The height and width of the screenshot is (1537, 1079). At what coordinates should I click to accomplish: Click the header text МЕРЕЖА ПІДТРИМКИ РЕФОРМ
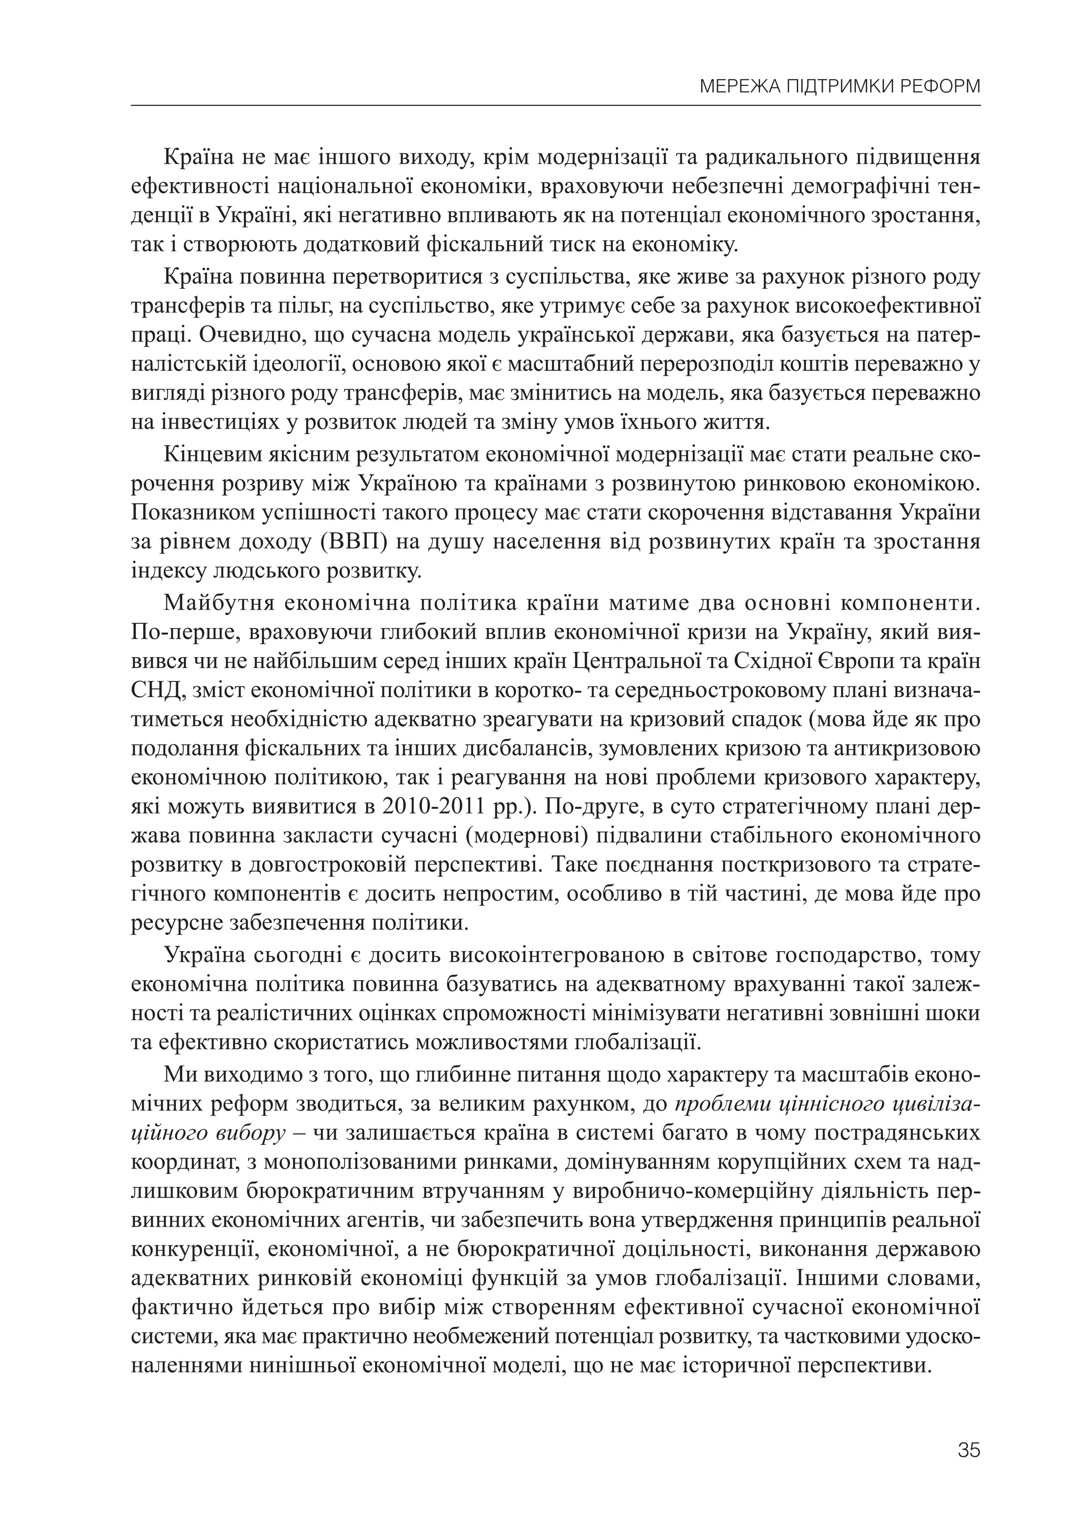pos(839,87)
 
